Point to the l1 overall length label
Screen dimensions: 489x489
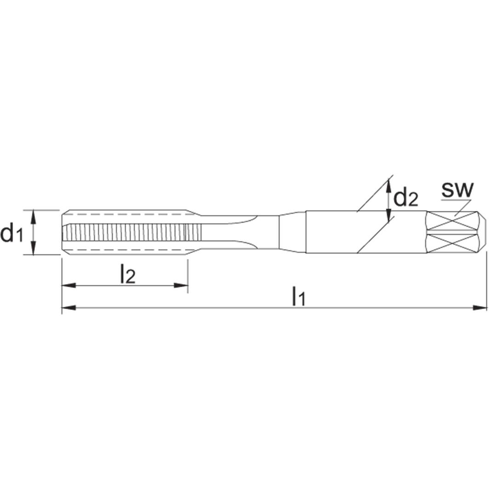(x=299, y=297)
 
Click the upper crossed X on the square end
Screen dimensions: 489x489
(x=453, y=221)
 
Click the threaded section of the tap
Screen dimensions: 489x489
(x=124, y=232)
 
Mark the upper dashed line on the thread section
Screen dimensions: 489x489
(x=124, y=214)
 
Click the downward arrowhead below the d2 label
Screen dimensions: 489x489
(x=389, y=216)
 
